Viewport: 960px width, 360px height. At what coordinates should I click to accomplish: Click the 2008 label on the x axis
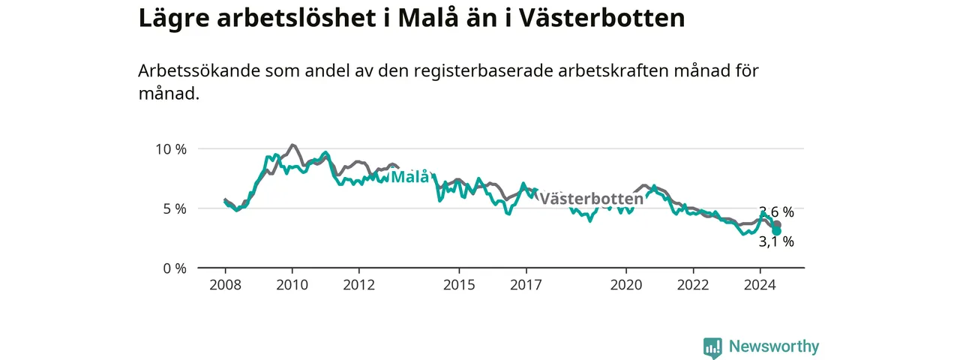point(226,285)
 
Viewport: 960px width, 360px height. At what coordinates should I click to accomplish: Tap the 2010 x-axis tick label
point(292,285)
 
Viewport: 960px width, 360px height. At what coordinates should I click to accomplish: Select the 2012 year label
point(359,285)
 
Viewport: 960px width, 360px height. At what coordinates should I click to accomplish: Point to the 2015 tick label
point(460,285)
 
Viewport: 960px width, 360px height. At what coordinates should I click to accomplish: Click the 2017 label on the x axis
point(526,285)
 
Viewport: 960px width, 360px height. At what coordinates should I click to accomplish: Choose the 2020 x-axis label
point(626,285)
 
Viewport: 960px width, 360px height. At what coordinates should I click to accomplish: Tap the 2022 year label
point(694,285)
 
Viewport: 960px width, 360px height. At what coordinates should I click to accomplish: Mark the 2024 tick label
point(760,285)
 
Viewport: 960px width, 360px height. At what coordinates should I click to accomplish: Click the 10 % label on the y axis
point(171,149)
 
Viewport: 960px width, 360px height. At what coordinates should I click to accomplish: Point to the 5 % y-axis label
point(175,208)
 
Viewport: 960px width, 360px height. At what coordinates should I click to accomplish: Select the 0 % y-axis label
point(175,268)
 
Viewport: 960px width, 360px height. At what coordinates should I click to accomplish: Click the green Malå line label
point(410,176)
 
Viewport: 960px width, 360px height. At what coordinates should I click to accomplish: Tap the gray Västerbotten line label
point(592,199)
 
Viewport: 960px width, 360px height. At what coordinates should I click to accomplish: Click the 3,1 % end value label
point(776,241)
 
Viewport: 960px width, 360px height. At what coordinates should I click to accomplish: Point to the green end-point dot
point(776,232)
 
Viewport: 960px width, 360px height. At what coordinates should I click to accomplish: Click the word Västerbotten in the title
point(602,18)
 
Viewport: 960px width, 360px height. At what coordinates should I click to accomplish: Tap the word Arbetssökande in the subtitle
point(199,70)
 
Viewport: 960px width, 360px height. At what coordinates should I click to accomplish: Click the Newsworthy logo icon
point(712,347)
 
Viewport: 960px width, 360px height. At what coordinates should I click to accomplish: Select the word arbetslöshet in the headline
point(296,18)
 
